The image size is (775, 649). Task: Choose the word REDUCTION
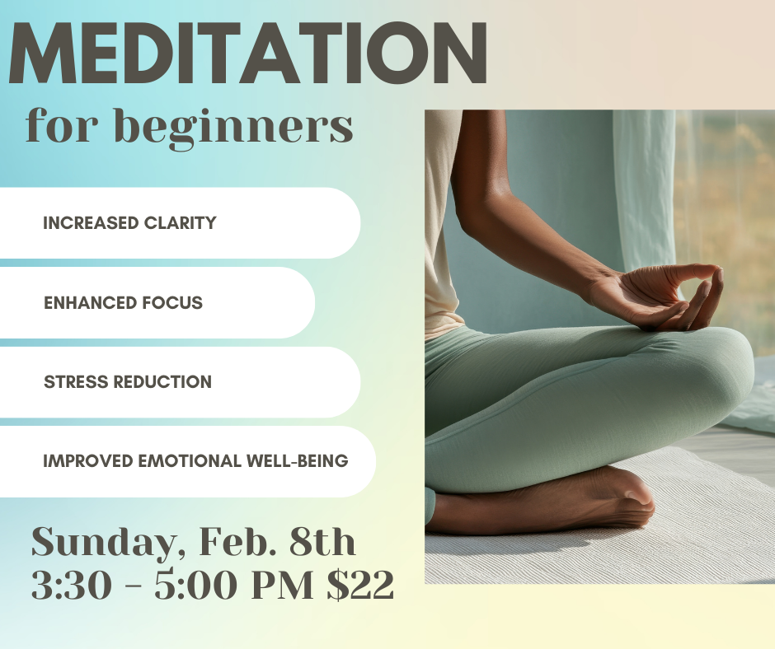pos(162,382)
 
